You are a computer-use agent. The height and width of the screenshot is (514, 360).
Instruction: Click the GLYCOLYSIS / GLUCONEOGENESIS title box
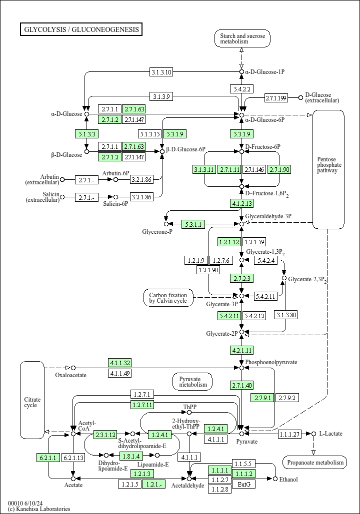click(x=81, y=29)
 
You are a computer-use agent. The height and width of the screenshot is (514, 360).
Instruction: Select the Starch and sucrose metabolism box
click(x=242, y=39)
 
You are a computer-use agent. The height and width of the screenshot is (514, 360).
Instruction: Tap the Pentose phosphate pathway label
click(x=329, y=165)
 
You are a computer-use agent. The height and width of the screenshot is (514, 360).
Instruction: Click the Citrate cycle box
click(x=32, y=402)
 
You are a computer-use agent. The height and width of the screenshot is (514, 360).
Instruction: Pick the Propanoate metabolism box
click(x=314, y=463)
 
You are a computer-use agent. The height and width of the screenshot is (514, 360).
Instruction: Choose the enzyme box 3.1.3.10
click(x=161, y=72)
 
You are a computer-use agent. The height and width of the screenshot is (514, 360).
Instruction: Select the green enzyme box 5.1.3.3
click(x=86, y=133)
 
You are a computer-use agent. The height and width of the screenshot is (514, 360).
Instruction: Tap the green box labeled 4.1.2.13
click(x=242, y=203)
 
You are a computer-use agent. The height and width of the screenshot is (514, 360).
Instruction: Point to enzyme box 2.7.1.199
click(x=276, y=98)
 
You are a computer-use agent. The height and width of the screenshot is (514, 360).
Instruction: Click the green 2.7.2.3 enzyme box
click(x=242, y=278)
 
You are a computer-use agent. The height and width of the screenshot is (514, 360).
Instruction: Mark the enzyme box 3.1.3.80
click(x=286, y=315)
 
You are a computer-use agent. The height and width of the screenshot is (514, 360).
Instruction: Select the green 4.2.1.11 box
click(x=242, y=350)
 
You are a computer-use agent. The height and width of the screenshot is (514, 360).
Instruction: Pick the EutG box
click(x=244, y=484)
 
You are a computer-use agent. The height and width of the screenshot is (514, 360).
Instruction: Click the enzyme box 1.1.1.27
click(x=289, y=434)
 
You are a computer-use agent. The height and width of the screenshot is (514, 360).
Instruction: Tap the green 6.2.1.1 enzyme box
click(x=48, y=457)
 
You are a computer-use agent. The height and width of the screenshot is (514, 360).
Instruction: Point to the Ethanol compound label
click(x=288, y=480)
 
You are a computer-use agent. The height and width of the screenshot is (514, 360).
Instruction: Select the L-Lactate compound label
click(x=330, y=434)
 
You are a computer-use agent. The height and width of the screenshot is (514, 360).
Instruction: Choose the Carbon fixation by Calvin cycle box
click(x=168, y=298)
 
